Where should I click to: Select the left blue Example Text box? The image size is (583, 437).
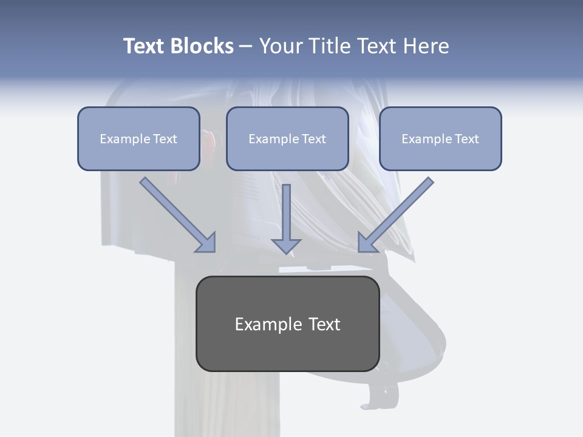(x=138, y=138)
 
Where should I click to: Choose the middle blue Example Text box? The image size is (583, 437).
(x=287, y=138)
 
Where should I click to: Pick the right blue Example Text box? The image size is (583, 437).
(x=440, y=138)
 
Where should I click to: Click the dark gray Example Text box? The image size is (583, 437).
(x=287, y=324)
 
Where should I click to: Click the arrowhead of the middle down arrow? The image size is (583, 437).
(x=286, y=245)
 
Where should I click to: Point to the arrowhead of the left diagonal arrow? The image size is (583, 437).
(x=207, y=243)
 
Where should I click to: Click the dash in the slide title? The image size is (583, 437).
(x=246, y=46)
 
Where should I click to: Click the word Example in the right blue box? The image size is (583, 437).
(x=426, y=139)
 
